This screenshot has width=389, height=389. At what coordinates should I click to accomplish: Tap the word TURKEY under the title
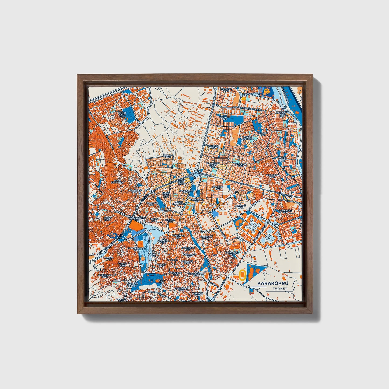click(280, 289)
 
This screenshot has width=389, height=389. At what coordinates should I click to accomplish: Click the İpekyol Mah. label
click(168, 157)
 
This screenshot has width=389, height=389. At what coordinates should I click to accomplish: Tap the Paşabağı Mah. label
click(239, 206)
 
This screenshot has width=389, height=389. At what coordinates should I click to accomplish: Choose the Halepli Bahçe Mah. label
click(136, 249)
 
